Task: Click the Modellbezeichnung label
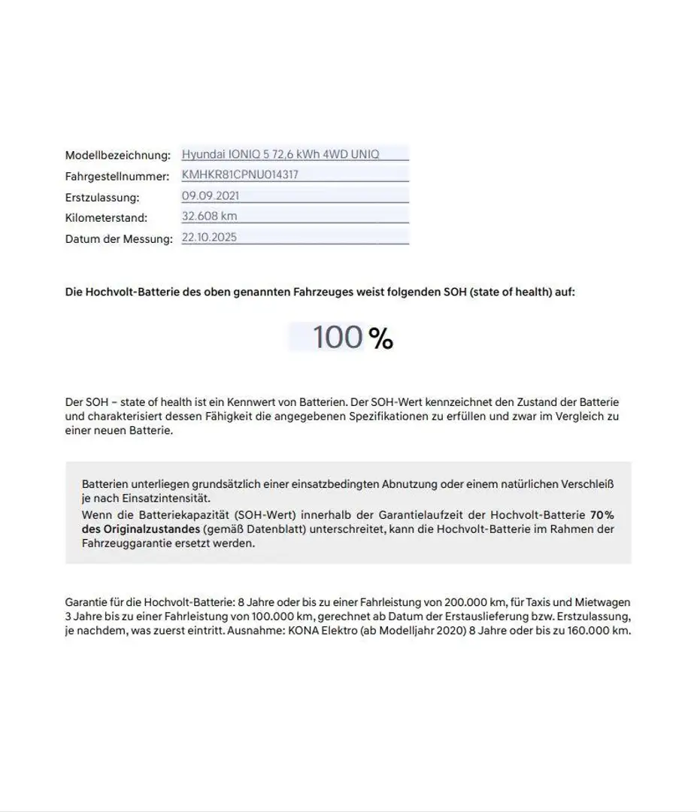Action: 118,156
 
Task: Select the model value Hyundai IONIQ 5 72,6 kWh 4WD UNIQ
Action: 280,154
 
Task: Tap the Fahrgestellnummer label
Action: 117,177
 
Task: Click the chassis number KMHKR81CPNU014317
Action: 245,174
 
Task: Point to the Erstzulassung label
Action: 102,197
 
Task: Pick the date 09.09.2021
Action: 211,195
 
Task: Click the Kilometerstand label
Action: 106,217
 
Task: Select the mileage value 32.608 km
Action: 210,216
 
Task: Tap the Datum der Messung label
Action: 119,238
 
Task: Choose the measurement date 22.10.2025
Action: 210,236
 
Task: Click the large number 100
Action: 338,337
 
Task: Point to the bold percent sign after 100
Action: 381,339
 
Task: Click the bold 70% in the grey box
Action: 602,515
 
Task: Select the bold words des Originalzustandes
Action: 141,529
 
